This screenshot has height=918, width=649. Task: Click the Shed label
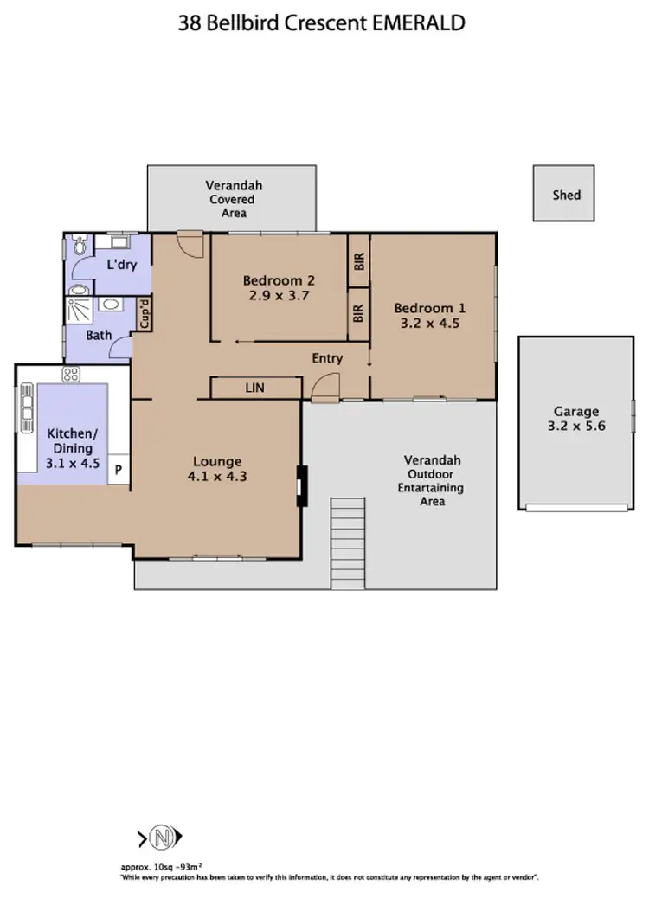566,195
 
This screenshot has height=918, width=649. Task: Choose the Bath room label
98,336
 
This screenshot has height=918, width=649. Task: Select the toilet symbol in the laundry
79,247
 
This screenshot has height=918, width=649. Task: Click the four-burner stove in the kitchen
71,375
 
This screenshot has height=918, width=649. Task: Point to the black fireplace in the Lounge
300,485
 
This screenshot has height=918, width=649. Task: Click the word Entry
327,358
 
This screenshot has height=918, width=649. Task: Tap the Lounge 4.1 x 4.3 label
217,468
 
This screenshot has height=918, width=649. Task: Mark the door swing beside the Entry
325,388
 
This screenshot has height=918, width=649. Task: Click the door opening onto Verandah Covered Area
189,243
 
